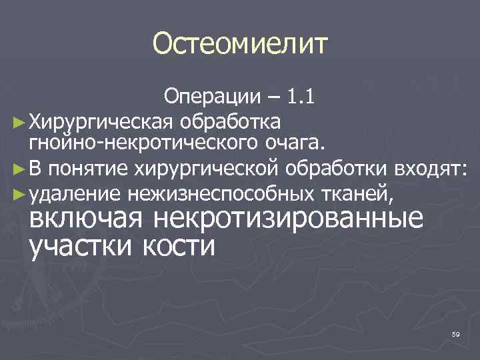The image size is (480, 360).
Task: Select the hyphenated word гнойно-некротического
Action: tap(126, 141)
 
